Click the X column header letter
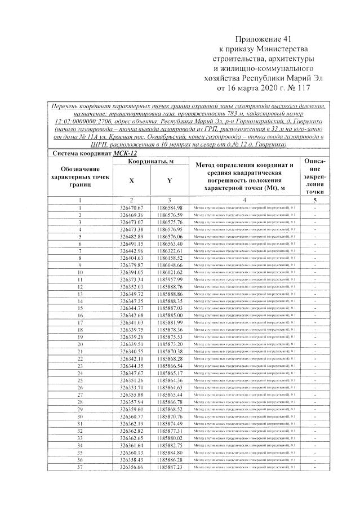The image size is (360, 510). [x=131, y=180]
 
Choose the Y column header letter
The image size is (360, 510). [x=170, y=180]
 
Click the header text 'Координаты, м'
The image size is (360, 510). [x=150, y=162]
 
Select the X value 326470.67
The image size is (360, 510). [x=132, y=208]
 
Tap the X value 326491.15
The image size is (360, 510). [x=132, y=243]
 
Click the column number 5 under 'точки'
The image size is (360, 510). [x=315, y=200]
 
